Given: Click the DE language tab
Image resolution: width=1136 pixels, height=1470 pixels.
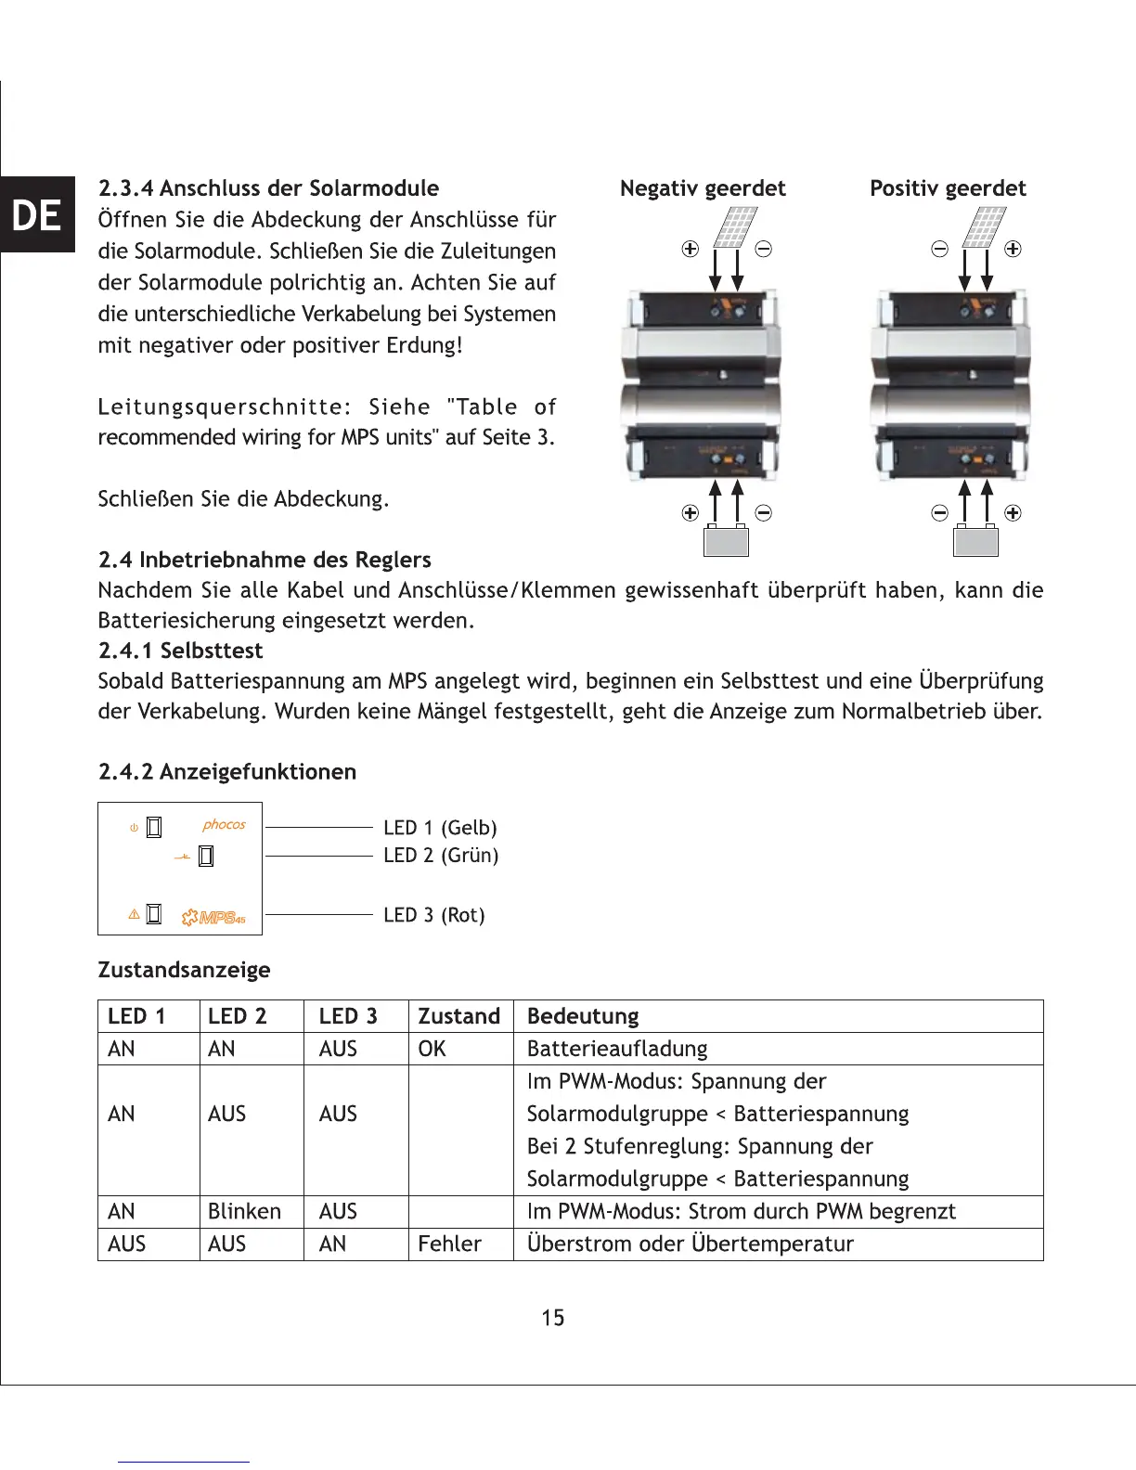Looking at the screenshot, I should pyautogui.click(x=37, y=215).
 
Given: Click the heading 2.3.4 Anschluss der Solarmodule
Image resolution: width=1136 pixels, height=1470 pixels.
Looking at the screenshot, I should pyautogui.click(x=268, y=188).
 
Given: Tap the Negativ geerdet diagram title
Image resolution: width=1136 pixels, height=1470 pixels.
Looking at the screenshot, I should pyautogui.click(x=703, y=188).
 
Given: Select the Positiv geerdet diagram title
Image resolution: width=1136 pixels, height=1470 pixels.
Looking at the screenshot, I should pyautogui.click(x=948, y=188).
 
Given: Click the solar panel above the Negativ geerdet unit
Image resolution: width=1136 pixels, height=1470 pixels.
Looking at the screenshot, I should pyautogui.click(x=735, y=227).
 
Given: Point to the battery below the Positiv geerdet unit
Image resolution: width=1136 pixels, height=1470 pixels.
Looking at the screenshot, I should pyautogui.click(x=975, y=540).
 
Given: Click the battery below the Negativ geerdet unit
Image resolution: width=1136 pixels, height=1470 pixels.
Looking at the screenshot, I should pyautogui.click(x=726, y=540).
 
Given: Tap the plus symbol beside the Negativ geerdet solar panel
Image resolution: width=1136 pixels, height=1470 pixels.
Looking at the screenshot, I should pyautogui.click(x=690, y=249).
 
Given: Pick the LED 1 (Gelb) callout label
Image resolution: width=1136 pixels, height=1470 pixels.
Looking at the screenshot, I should pyautogui.click(x=440, y=828).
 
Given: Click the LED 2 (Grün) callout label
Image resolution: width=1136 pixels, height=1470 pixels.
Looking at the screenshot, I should pyautogui.click(x=441, y=856).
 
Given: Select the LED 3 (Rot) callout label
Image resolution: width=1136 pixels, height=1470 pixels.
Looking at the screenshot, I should pyautogui.click(x=434, y=915).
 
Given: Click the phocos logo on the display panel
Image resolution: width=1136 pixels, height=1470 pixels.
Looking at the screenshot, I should pyautogui.click(x=224, y=824).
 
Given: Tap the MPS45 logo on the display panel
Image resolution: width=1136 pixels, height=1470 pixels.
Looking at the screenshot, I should pyautogui.click(x=213, y=918).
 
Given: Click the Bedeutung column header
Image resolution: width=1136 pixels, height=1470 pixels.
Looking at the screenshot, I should pyautogui.click(x=583, y=1016).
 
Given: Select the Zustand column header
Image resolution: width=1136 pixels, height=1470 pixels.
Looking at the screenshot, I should pyautogui.click(x=458, y=1016).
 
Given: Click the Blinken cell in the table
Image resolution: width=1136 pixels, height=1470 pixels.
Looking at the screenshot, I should pyautogui.click(x=244, y=1212).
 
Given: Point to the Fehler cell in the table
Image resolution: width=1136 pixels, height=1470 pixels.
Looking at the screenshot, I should pyautogui.click(x=449, y=1244).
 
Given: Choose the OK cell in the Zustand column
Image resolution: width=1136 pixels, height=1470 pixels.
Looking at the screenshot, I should pyautogui.click(x=432, y=1049).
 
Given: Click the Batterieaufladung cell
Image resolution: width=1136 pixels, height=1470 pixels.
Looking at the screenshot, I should pyautogui.click(x=617, y=1049).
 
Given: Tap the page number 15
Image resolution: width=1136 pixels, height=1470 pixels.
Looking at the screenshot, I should pyautogui.click(x=553, y=1318).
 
